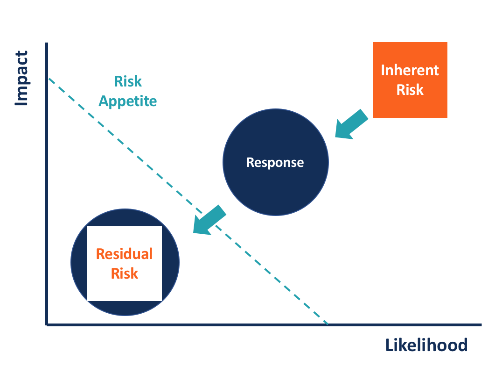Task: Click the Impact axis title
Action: click(21, 79)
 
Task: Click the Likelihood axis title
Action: click(426, 345)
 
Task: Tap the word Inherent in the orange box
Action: click(410, 70)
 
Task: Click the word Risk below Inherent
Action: click(410, 89)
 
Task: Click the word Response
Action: click(275, 162)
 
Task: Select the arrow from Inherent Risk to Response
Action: click(351, 125)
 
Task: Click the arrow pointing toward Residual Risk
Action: click(209, 220)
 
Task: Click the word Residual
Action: click(124, 254)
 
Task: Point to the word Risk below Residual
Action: click(124, 273)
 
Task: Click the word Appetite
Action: click(127, 101)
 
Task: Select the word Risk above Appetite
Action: click(127, 81)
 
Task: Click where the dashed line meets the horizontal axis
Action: click(328, 324)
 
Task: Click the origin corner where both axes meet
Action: click(47, 324)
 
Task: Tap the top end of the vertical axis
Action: click(47, 43)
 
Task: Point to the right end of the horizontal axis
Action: click(480, 324)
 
